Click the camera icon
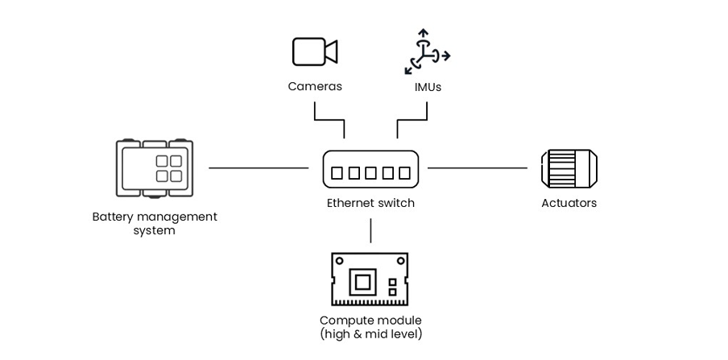314,52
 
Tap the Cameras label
315,86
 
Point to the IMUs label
428,86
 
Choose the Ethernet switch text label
370,203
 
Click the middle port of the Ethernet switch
370,172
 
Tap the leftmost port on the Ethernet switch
337,172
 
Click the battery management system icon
155,168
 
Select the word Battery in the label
113,217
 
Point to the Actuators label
569,203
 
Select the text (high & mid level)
370,333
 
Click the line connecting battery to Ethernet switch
258,168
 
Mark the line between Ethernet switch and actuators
477,168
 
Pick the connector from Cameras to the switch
328,121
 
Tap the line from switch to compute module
370,230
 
